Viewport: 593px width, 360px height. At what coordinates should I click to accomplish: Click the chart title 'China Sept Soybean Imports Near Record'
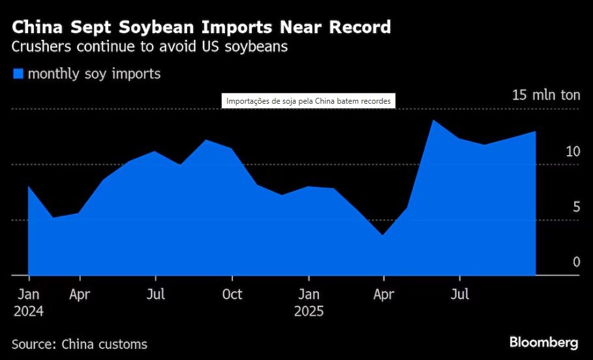tap(202, 27)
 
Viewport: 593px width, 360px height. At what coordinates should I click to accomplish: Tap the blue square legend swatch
tap(18, 74)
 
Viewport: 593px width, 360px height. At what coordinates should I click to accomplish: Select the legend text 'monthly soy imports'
tap(94, 74)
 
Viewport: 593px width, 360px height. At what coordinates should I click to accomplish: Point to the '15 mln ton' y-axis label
tap(545, 95)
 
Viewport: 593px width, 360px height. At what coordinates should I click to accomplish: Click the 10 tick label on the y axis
tap(573, 151)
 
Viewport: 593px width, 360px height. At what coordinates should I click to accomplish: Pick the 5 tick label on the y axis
tap(575, 207)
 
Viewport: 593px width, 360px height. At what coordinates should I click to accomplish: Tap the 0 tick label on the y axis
tap(576, 262)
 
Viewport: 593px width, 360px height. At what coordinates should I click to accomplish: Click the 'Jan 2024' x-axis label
tap(29, 303)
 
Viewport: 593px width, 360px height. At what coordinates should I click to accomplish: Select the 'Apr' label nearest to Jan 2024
tap(79, 294)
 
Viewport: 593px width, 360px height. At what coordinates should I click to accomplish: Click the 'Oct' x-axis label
tap(232, 294)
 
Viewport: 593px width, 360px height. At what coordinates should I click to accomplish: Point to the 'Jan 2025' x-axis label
tap(309, 303)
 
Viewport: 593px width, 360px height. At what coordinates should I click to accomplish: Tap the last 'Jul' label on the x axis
tap(461, 294)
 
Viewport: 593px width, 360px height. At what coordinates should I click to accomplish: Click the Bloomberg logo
tap(543, 342)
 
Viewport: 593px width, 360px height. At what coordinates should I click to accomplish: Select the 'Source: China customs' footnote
tap(80, 344)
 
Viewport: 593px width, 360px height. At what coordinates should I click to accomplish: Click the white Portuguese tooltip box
tap(309, 101)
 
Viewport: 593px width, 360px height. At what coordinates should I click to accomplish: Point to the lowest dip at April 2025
tap(384, 235)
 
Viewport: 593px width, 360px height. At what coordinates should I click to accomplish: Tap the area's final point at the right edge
tap(536, 132)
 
